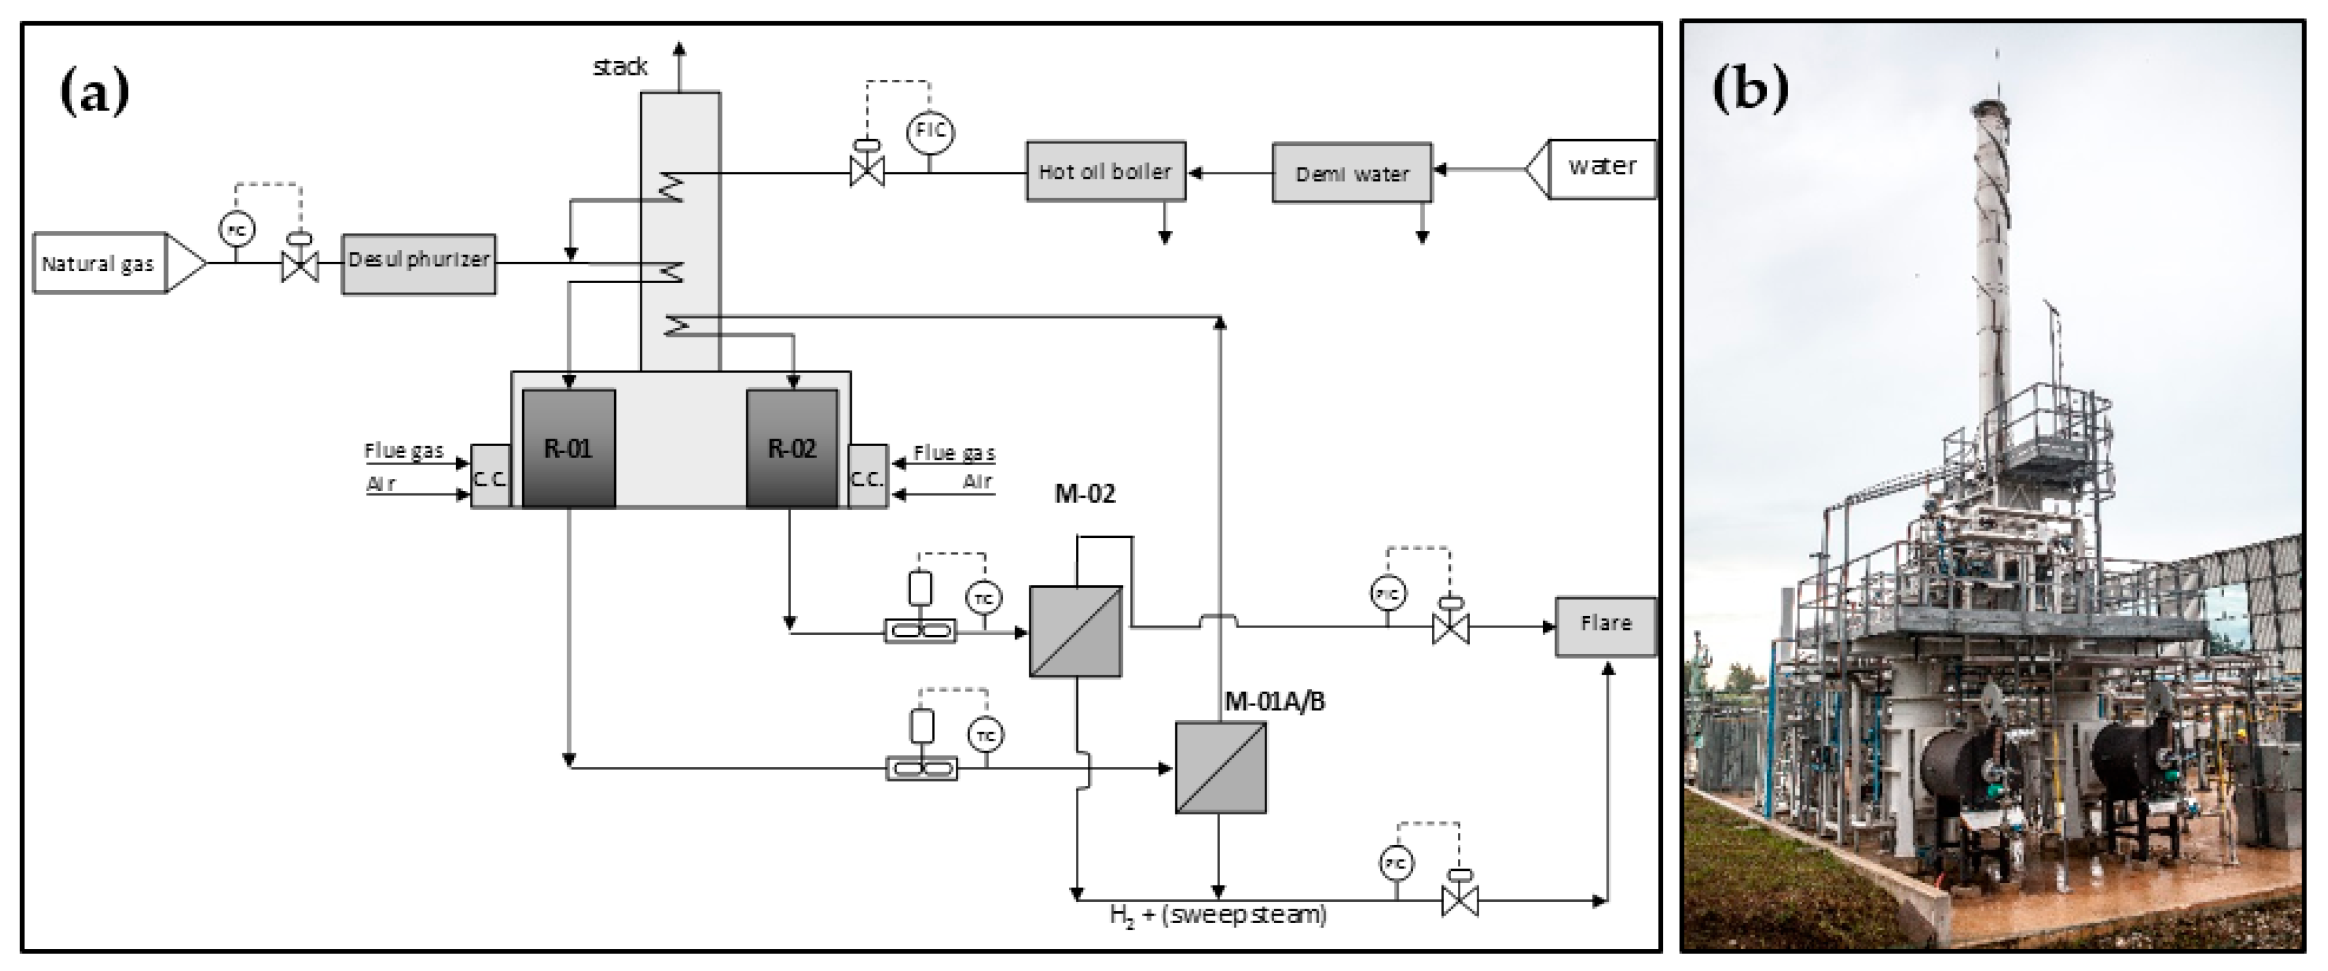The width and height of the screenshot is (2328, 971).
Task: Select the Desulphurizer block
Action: pyautogui.click(x=418, y=263)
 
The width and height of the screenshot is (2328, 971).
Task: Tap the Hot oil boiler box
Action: pyautogui.click(x=1105, y=171)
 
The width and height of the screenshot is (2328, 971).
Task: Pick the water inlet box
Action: pyautogui.click(x=1601, y=168)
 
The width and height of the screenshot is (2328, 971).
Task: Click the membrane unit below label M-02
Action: pyautogui.click(x=1075, y=631)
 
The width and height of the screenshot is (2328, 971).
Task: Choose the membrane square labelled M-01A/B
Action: pyautogui.click(x=1220, y=766)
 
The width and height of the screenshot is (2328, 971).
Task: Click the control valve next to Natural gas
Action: pyautogui.click(x=300, y=264)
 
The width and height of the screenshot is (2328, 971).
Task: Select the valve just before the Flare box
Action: pyautogui.click(x=1450, y=627)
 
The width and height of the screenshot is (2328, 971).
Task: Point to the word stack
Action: pyautogui.click(x=620, y=67)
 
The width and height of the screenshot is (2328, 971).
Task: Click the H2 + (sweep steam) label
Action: pyautogui.click(x=1218, y=915)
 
